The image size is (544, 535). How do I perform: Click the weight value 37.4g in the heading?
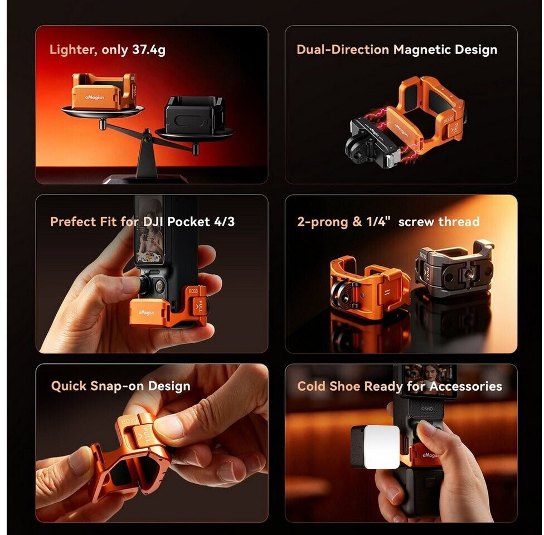point(148,50)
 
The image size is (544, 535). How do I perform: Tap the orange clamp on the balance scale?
point(104,91)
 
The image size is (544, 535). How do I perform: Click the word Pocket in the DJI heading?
point(189,221)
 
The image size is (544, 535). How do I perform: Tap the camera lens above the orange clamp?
point(160,286)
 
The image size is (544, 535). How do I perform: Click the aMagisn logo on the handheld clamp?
point(146,313)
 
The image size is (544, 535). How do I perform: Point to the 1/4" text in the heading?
point(378,221)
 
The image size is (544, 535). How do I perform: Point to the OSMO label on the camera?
point(427,408)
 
